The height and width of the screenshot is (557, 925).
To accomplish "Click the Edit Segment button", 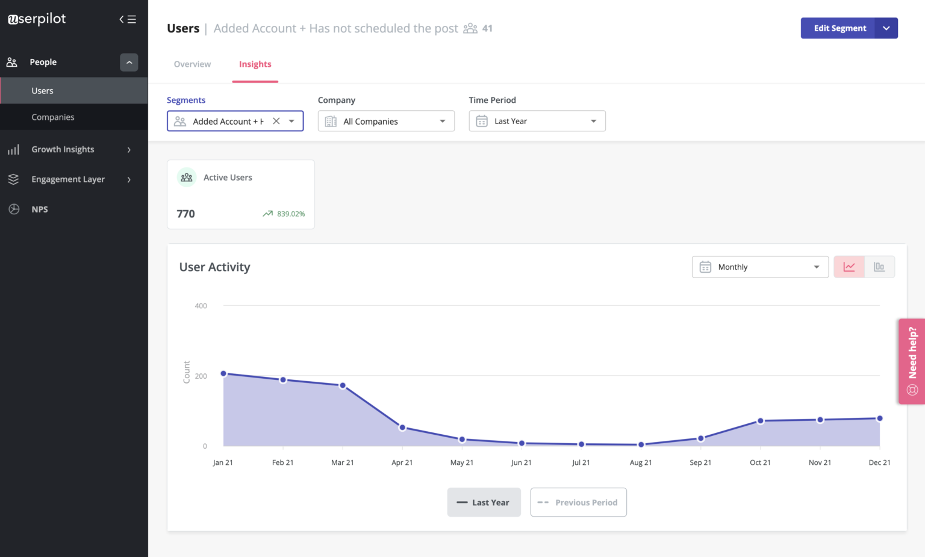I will click(839, 28).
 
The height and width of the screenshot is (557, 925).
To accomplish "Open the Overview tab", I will click(192, 64).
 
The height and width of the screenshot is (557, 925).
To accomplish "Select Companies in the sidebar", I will click(53, 117).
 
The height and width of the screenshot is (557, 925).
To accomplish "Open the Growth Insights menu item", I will click(63, 149).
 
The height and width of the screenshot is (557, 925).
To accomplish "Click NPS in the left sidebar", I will click(40, 210).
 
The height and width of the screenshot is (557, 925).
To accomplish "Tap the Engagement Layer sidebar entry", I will click(68, 179).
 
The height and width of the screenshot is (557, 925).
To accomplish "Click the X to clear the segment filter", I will click(276, 121).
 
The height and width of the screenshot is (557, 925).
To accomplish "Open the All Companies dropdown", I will click(386, 121).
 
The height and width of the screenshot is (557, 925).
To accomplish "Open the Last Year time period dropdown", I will click(537, 121).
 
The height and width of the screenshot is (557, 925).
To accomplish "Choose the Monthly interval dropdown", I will click(760, 267).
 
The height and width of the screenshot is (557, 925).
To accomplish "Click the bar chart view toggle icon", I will click(879, 267).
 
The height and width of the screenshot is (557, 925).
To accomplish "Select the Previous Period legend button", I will click(578, 502).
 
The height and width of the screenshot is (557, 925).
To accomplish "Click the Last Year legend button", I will click(484, 502).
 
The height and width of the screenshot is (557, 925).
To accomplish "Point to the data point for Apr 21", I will click(402, 428).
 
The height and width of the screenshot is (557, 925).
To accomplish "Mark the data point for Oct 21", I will click(760, 421).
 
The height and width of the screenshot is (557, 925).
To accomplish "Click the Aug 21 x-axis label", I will click(641, 462).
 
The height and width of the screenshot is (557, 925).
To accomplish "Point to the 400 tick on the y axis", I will click(201, 306).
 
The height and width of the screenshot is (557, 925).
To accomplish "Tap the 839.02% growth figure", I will click(291, 214).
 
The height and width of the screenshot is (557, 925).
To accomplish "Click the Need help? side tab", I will click(912, 361).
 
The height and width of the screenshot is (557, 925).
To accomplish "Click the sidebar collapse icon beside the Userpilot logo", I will click(128, 19).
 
